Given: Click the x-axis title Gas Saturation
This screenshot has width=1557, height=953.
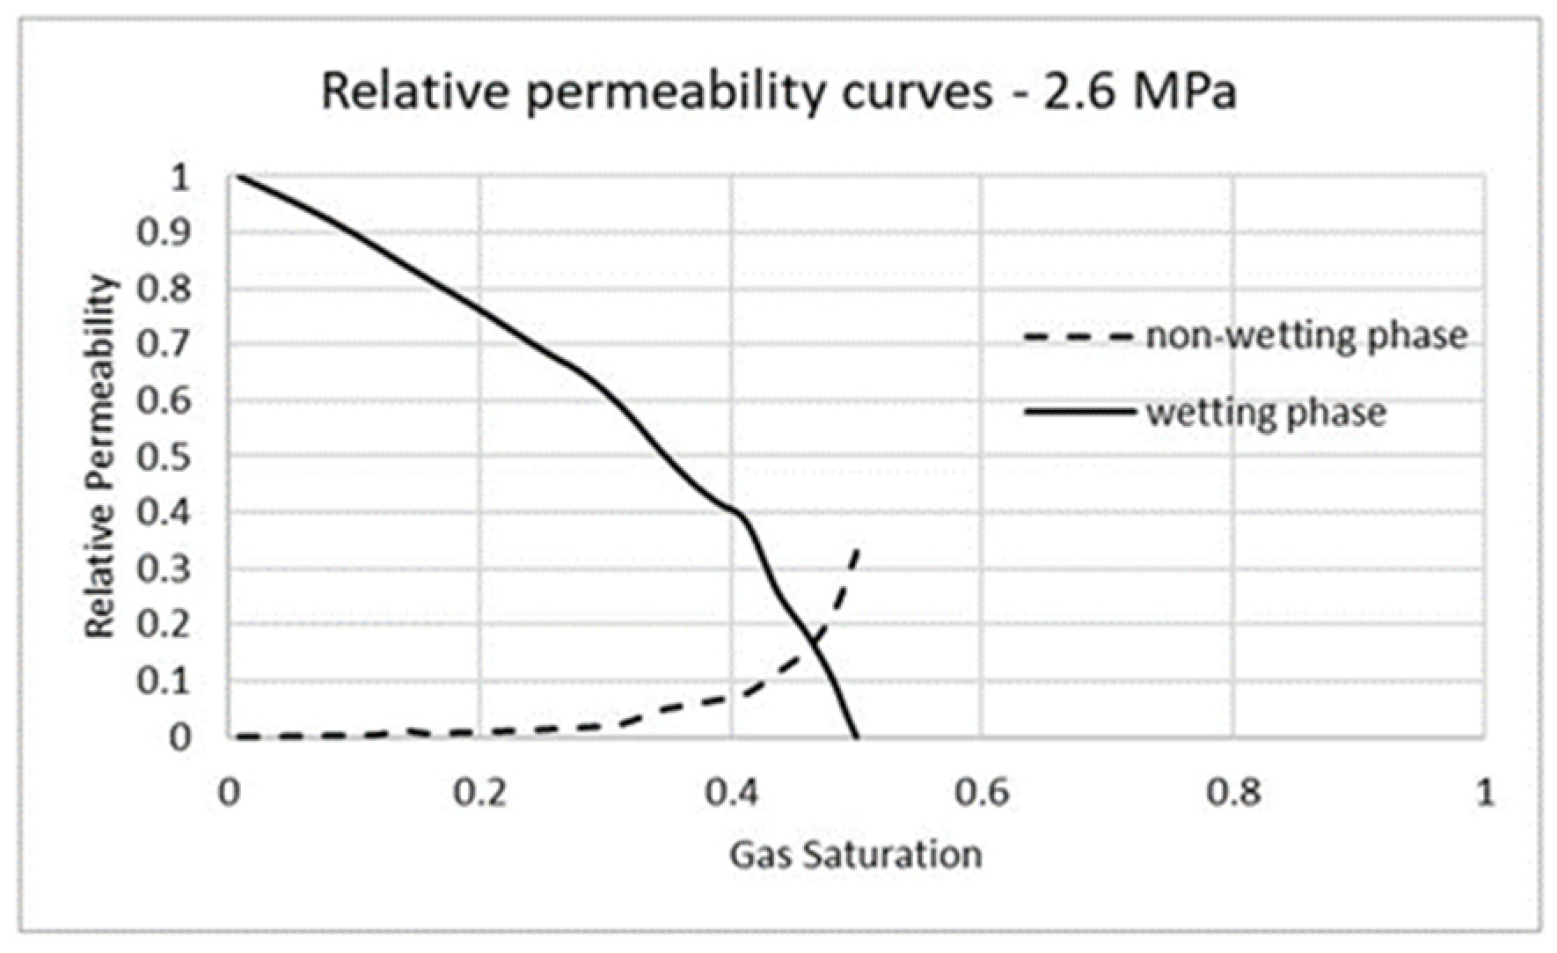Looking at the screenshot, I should (x=855, y=854).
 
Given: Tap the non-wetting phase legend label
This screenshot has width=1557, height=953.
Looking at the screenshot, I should (x=1306, y=336).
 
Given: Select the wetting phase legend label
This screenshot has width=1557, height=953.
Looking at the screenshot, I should (x=1266, y=412).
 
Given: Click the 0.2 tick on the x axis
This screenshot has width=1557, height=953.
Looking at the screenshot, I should (x=480, y=793).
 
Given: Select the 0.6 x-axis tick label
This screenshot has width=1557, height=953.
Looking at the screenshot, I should (x=982, y=793).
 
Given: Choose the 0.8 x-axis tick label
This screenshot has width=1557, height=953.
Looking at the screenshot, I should (x=1232, y=793).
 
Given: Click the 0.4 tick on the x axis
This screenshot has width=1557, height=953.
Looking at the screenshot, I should (x=731, y=793).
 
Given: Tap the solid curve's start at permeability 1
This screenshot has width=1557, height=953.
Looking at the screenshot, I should (x=237, y=177).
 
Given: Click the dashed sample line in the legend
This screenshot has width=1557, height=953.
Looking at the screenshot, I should (x=1078, y=336).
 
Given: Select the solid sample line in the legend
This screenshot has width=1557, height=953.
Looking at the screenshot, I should (x=1078, y=412).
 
